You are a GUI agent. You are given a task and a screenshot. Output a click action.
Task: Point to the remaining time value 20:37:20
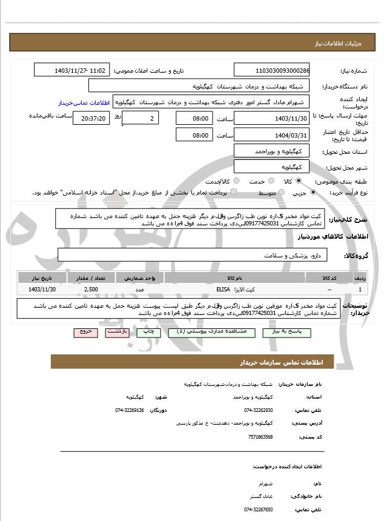(91, 119)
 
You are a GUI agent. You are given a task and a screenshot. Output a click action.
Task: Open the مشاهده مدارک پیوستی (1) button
(199, 332)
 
